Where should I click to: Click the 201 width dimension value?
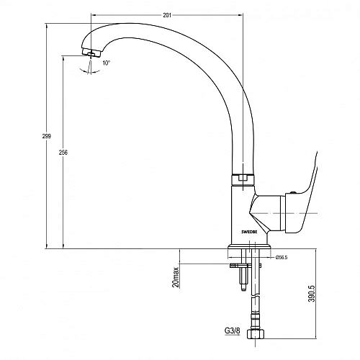point(167,15)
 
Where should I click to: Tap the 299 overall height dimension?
point(47,136)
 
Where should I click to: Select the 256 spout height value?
point(63,152)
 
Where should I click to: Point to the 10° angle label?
point(106,63)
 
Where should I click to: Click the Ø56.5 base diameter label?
point(282,258)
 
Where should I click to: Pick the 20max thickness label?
point(176,277)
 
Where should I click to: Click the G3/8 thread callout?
point(232,330)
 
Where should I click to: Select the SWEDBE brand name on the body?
point(249,232)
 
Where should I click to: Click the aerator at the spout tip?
point(91,53)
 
